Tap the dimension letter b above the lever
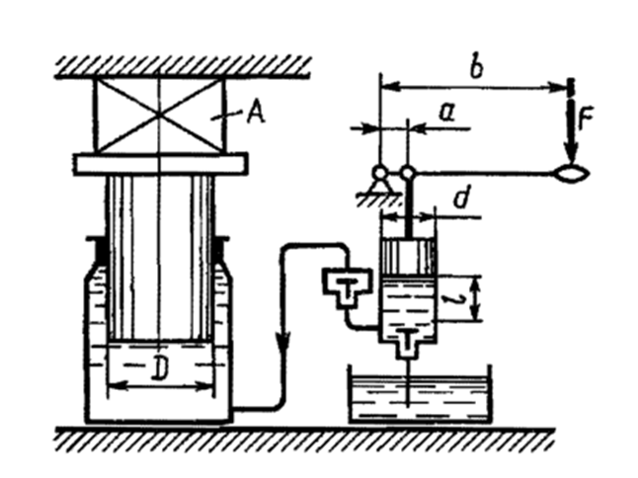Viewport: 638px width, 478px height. [x=476, y=67]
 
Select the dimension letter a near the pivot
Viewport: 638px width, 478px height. [x=446, y=113]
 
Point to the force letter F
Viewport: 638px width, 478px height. [x=586, y=119]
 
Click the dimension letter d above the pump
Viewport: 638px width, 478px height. [x=461, y=199]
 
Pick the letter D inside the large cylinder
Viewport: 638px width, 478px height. [x=159, y=367]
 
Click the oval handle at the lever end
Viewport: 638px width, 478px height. [x=573, y=174]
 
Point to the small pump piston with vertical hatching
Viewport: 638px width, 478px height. [x=409, y=257]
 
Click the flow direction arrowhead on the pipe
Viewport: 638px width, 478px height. [x=284, y=340]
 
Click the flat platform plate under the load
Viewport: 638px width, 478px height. [x=160, y=164]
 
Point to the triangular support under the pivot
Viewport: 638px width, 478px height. [x=380, y=186]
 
